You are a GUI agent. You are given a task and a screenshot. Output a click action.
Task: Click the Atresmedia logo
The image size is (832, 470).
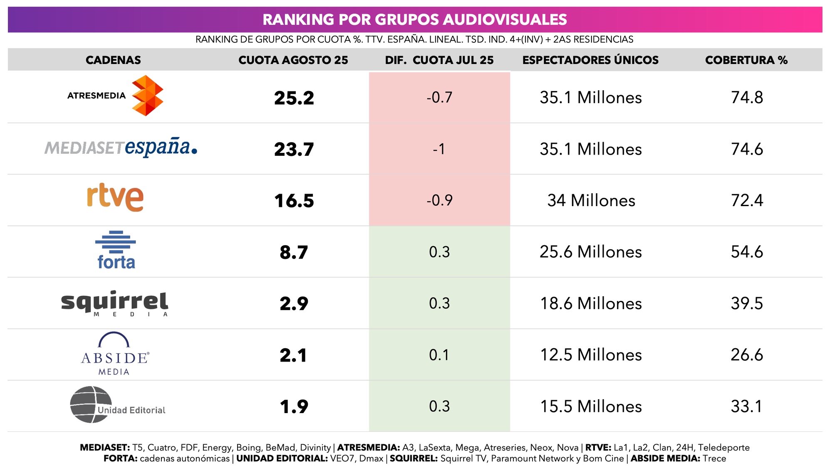[116, 96]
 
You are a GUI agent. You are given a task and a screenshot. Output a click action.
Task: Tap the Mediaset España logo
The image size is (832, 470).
[121, 148]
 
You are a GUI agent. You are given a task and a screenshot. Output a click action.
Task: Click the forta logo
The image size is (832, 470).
[116, 251]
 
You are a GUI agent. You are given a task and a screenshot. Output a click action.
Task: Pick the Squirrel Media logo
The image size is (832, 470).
[114, 303]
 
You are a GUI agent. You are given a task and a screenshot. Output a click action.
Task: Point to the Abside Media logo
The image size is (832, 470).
[114, 354]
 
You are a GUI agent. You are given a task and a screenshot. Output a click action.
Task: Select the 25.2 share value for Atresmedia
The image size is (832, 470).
[294, 98]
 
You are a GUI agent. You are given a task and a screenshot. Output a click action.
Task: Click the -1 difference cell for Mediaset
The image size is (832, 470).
[439, 149]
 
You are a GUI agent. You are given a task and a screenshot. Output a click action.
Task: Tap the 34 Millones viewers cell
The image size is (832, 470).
[591, 201]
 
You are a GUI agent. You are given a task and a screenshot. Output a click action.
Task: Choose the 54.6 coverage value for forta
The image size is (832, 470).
[747, 252]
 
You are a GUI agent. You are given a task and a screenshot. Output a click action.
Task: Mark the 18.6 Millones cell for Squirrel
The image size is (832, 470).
[591, 303]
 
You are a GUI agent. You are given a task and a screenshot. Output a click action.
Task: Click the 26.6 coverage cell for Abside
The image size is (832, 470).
[747, 355]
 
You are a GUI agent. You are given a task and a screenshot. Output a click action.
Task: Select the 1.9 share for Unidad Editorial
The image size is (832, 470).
[294, 406]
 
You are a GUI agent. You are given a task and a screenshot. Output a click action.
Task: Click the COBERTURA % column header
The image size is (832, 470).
[746, 60]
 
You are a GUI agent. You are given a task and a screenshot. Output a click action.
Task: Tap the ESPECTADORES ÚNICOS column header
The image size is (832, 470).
[590, 60]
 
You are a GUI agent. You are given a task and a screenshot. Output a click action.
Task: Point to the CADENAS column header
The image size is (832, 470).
[113, 60]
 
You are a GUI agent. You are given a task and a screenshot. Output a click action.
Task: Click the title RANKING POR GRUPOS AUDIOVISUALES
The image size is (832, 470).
[415, 20]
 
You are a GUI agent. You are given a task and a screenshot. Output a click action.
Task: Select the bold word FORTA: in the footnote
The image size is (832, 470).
[120, 458]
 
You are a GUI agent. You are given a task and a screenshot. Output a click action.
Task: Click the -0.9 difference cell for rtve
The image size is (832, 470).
[439, 200]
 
